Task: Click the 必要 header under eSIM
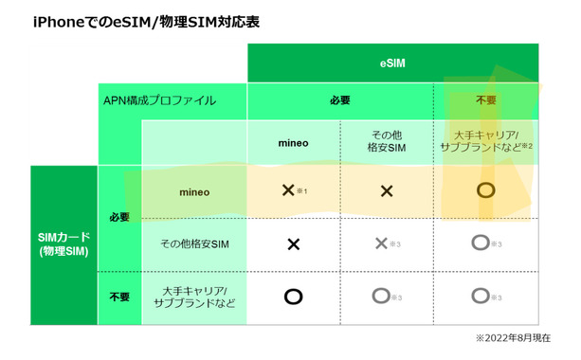(340, 100)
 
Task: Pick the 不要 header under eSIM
(486, 100)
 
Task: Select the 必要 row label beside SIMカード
(119, 217)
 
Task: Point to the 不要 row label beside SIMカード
(119, 297)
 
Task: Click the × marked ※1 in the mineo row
(290, 190)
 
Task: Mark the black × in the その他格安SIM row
(293, 243)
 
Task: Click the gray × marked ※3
(382, 243)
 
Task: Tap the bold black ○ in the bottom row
(293, 297)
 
